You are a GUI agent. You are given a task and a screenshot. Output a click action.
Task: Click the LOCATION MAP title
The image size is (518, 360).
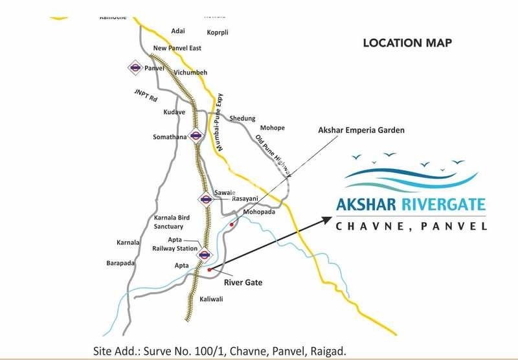(x=407, y=43)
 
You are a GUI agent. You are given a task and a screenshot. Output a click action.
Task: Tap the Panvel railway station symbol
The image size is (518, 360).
(x=135, y=67)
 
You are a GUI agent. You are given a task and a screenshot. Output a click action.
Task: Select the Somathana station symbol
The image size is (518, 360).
(x=195, y=136)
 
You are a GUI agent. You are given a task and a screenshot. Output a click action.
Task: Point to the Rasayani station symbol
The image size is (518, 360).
(x=206, y=199)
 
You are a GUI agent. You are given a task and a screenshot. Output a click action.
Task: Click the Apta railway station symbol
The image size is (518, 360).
(x=205, y=254)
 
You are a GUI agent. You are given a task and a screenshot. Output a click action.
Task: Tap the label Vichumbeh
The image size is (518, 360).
(x=190, y=73)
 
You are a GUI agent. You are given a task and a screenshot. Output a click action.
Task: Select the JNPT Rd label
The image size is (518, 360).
(x=146, y=96)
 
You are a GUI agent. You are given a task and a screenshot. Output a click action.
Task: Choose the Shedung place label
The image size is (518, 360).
(x=242, y=118)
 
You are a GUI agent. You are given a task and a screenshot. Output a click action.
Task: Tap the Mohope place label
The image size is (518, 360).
(x=272, y=128)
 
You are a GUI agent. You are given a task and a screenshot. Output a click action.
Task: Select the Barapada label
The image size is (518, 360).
(x=120, y=263)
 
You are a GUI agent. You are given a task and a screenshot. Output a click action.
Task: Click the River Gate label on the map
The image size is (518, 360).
(x=242, y=282)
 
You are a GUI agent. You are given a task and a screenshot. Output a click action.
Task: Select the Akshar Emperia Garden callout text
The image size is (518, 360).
(x=361, y=130)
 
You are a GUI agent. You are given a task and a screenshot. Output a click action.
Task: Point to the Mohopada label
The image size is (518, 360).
(x=259, y=212)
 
